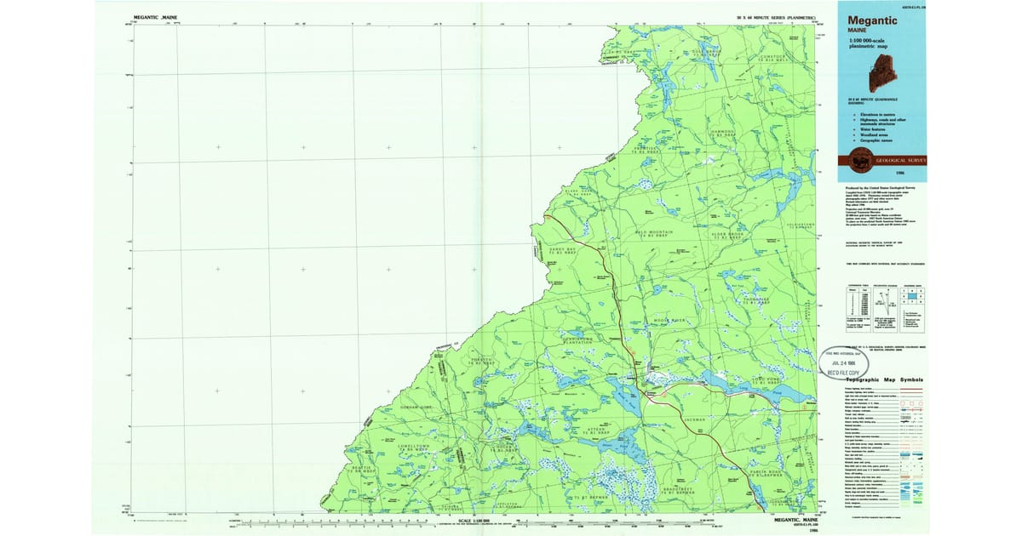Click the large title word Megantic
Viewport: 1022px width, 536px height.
[x=877, y=20]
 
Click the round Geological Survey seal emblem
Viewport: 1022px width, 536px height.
[x=855, y=159]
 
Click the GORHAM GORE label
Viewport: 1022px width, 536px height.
[x=417, y=408]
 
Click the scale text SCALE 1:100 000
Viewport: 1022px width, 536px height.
[x=476, y=521]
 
